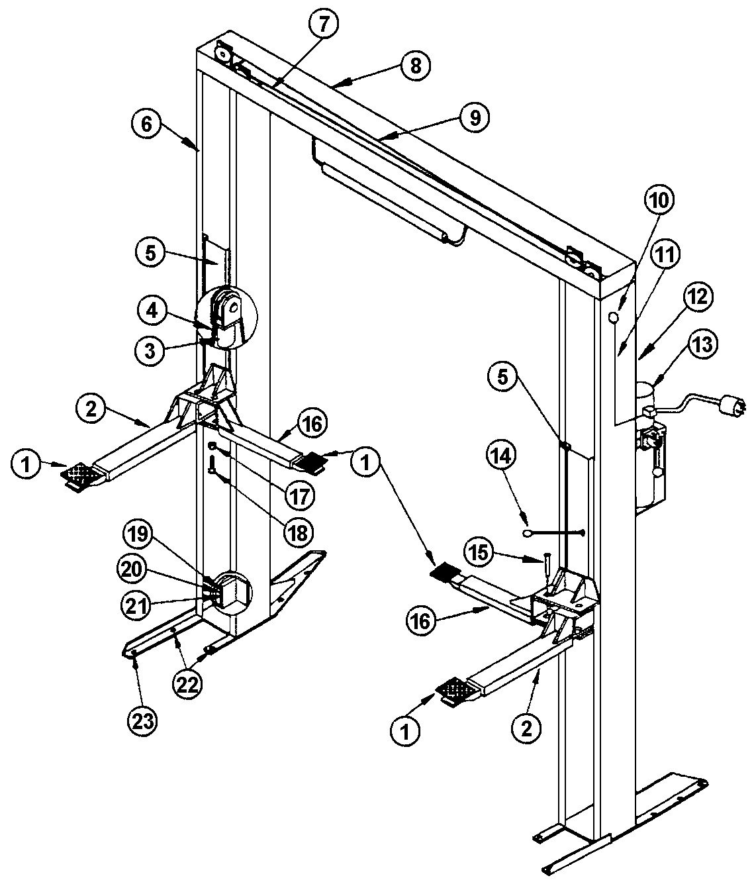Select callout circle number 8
[415, 67]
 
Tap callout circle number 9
[474, 118]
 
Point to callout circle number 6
[147, 125]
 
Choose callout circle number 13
[702, 345]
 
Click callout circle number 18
[299, 534]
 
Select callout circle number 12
[698, 297]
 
